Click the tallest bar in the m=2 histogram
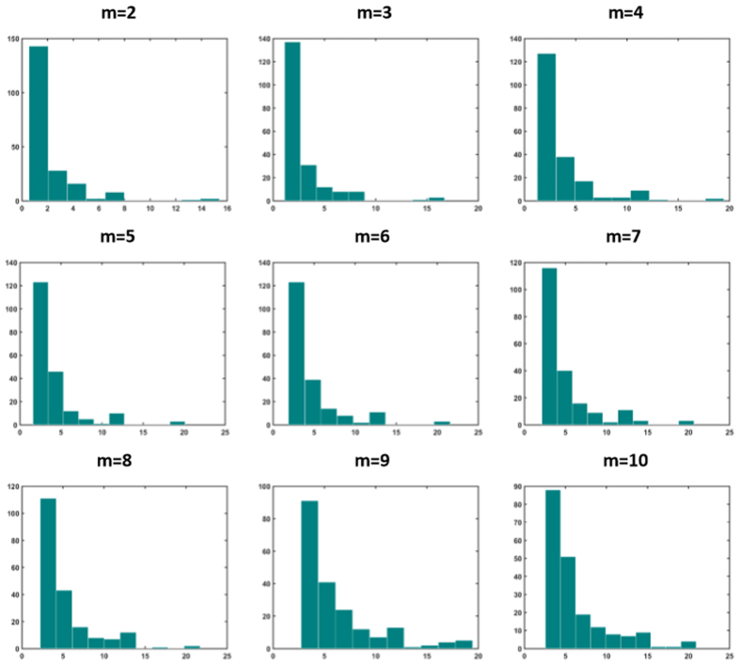(39, 123)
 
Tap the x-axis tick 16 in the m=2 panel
(227, 208)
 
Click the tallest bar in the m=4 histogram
(546, 127)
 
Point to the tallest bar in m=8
(48, 573)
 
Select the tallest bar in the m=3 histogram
(292, 121)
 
